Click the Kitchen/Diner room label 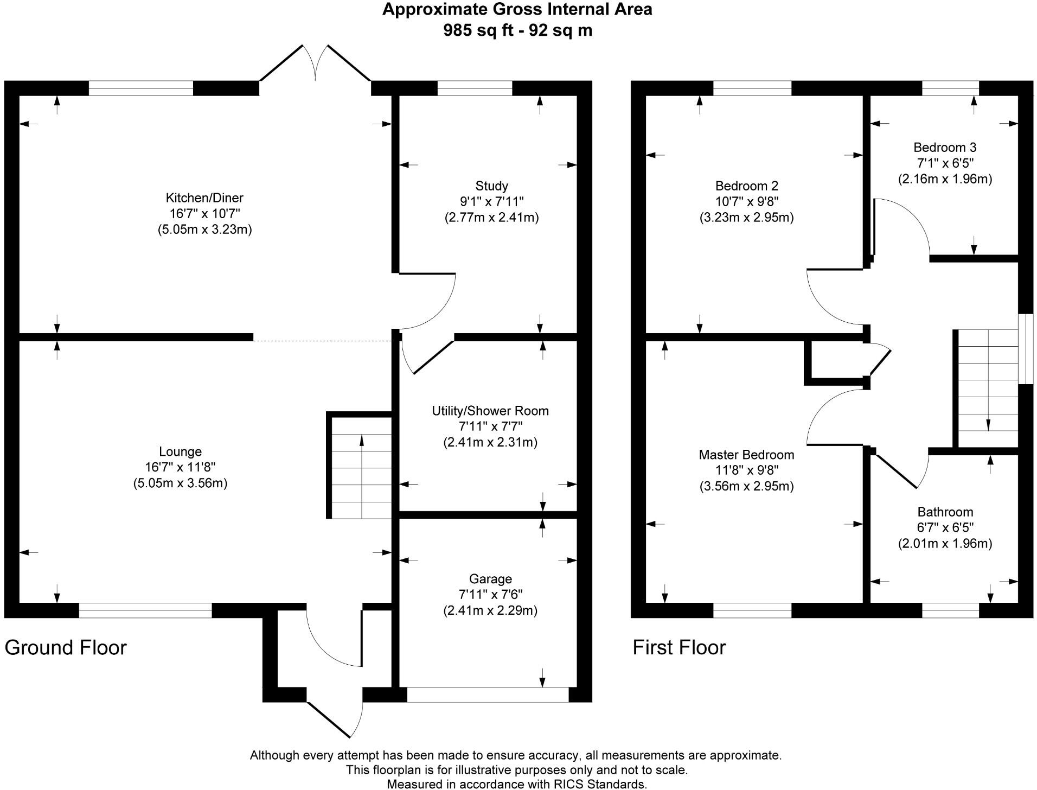(x=204, y=197)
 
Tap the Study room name (x=491, y=186)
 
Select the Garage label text (x=490, y=579)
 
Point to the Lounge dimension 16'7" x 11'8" (x=180, y=467)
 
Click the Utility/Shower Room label (x=490, y=411)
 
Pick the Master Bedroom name (x=746, y=455)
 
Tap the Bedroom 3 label (x=945, y=147)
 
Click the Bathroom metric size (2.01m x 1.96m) (x=945, y=543)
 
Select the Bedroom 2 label (x=746, y=186)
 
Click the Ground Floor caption (x=66, y=647)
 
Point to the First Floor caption (x=679, y=647)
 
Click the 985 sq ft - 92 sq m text (x=517, y=30)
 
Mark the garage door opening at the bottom (x=488, y=695)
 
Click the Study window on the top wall (x=475, y=88)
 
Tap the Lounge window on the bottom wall (x=145, y=610)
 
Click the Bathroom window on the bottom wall (x=950, y=610)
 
